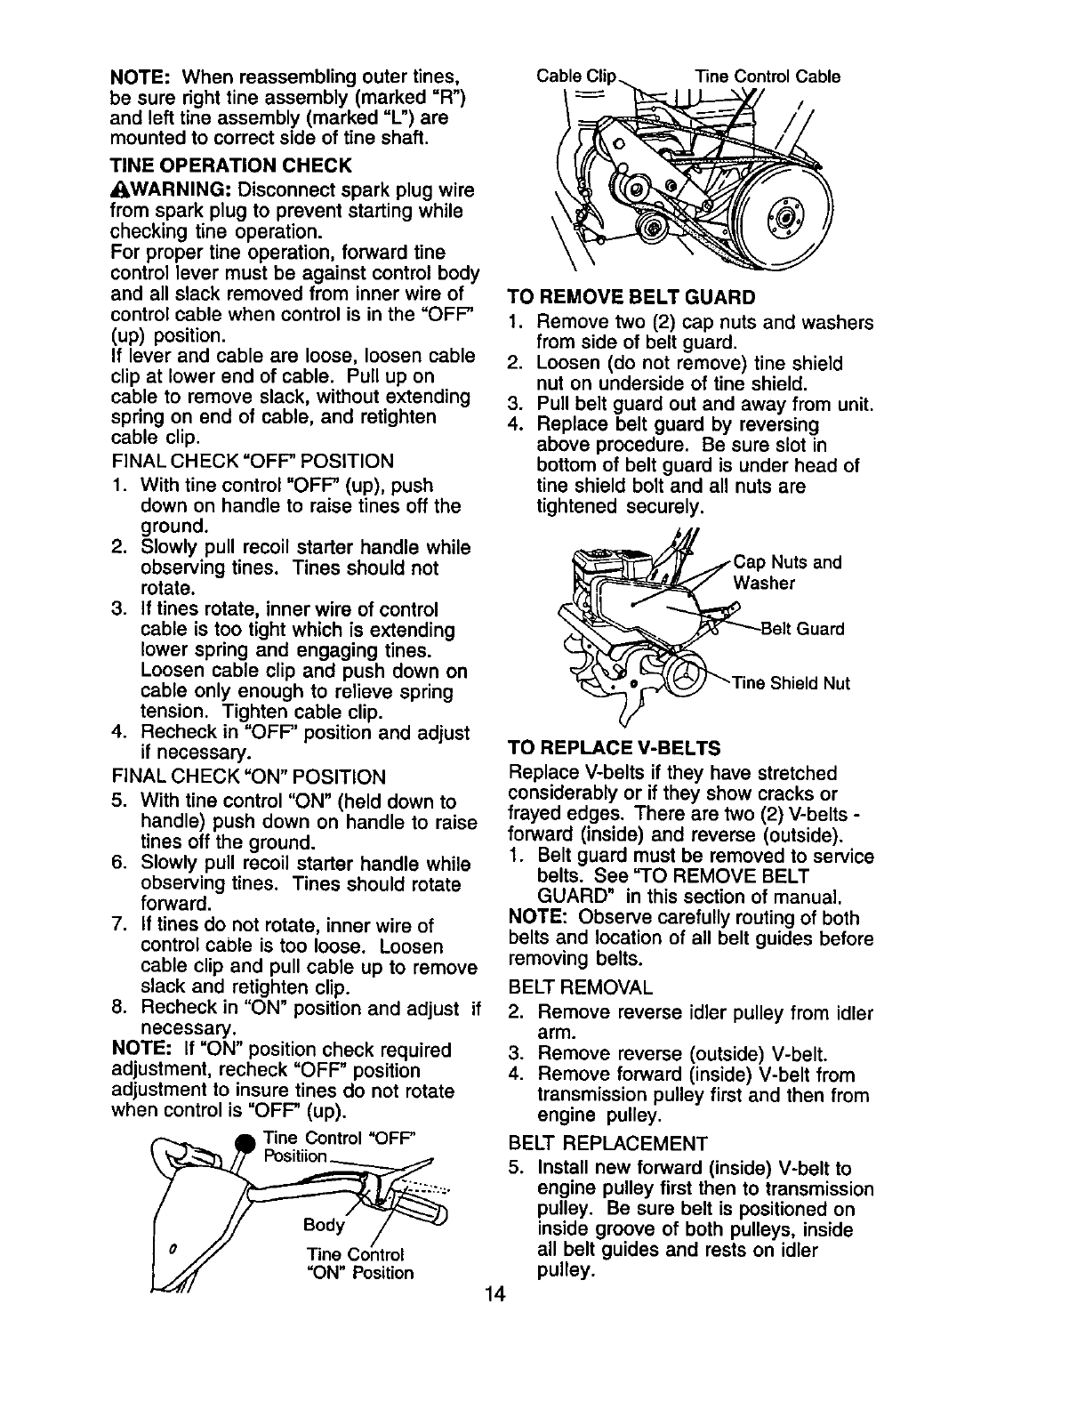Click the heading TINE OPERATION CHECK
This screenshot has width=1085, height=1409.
pos(230,165)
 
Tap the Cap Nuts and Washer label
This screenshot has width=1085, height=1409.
pos(786,572)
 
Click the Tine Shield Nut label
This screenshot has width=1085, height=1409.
pos(791,683)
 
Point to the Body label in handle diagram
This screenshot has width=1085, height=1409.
pos(323,1225)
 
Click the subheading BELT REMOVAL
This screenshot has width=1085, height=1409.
pos(580,987)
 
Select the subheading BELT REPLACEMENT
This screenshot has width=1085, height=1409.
pos(607,1143)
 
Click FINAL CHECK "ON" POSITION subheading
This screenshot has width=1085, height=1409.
pos(248,777)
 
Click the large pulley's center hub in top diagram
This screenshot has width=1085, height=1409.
pos(784,219)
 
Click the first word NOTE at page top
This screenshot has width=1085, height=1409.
pos(134,76)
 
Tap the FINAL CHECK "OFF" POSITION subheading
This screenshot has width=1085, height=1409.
pos(252,461)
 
